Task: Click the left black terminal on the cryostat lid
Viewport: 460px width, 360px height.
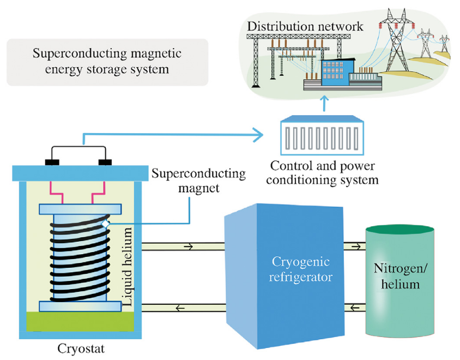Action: click(x=52, y=163)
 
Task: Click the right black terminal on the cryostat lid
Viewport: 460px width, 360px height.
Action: click(x=104, y=163)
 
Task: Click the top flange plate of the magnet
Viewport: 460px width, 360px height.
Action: click(x=80, y=209)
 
